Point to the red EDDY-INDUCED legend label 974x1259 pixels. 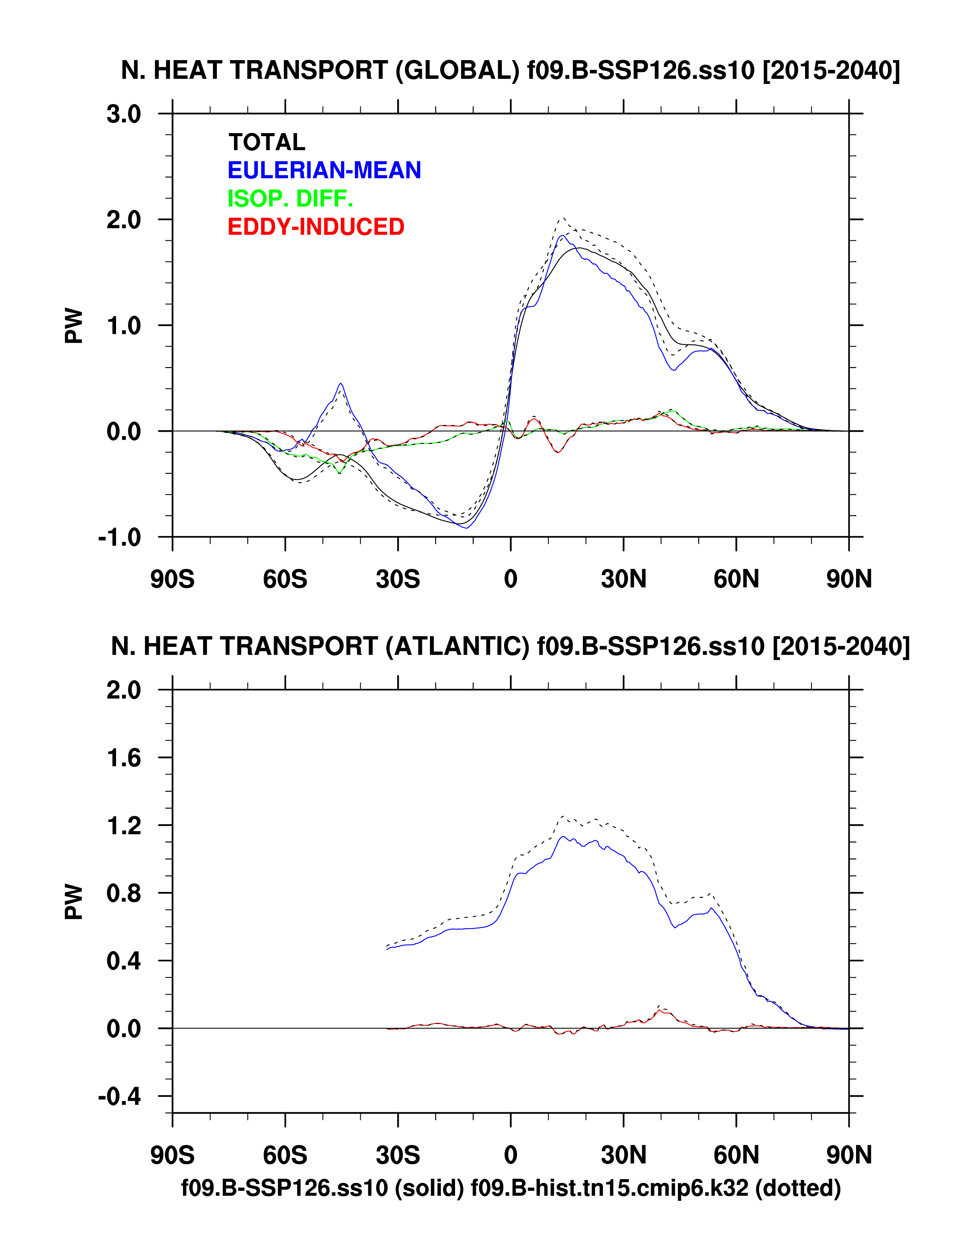coord(316,227)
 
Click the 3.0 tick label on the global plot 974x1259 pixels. coord(123,114)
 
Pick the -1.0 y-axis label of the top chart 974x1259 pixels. coord(119,537)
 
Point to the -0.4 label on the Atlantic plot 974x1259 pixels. coord(119,1097)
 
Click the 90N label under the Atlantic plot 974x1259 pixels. coord(849,1155)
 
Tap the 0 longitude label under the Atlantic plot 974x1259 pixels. coord(510,1155)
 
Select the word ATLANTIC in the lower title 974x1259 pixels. coord(457,646)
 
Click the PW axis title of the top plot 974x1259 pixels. coord(74,326)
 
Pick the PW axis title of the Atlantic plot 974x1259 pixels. coord(74,902)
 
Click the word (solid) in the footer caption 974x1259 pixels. coord(429,1187)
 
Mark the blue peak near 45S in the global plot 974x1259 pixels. coord(341,383)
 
